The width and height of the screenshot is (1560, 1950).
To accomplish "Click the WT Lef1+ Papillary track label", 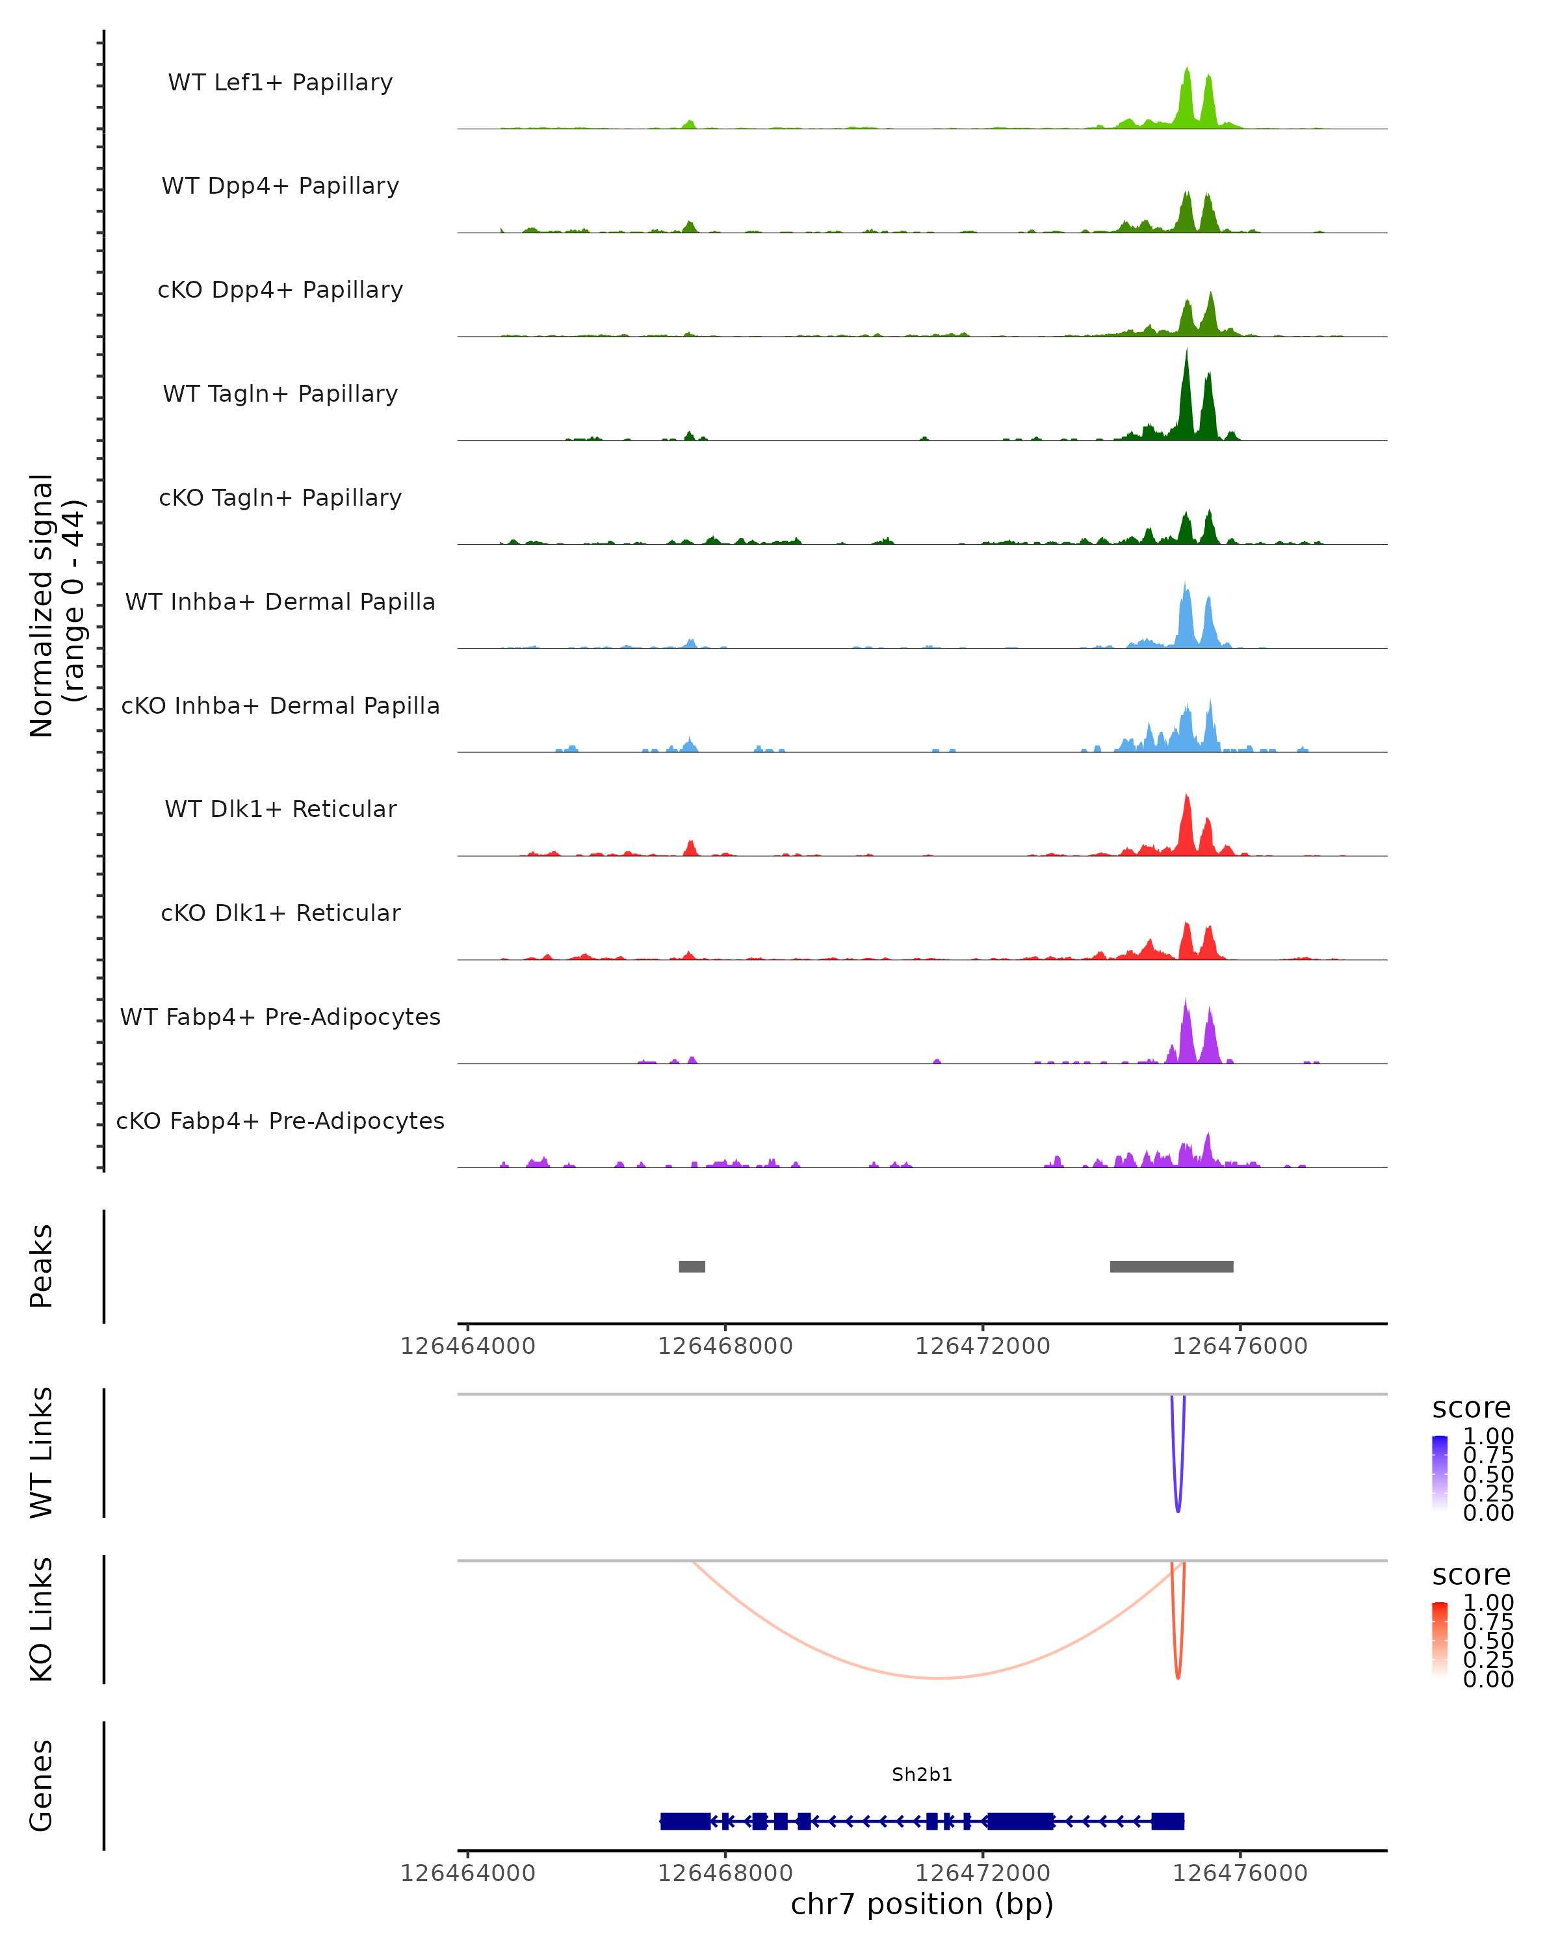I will pyautogui.click(x=280, y=83).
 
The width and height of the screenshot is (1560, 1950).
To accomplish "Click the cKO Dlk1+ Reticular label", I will pyautogui.click(x=280, y=913).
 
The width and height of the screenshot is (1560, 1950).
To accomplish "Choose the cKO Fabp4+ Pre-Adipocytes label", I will pyautogui.click(x=280, y=1121).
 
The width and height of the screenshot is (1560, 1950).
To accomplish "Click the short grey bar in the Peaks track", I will pyautogui.click(x=692, y=1266).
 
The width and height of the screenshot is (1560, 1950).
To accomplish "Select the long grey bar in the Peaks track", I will pyautogui.click(x=1171, y=1266).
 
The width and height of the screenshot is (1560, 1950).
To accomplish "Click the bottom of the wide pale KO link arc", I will pyautogui.click(x=941, y=1678).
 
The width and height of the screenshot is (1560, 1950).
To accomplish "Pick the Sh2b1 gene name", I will pyautogui.click(x=922, y=1774).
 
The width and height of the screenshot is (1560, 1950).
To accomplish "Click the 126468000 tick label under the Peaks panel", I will pyautogui.click(x=725, y=1346).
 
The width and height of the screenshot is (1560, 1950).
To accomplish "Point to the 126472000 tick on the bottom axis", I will pyautogui.click(x=983, y=1873).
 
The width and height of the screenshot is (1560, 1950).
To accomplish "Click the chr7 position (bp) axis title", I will pyautogui.click(x=922, y=1904).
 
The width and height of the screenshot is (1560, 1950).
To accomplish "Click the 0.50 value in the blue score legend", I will pyautogui.click(x=1488, y=1474).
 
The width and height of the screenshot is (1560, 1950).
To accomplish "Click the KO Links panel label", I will pyautogui.click(x=42, y=1619).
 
